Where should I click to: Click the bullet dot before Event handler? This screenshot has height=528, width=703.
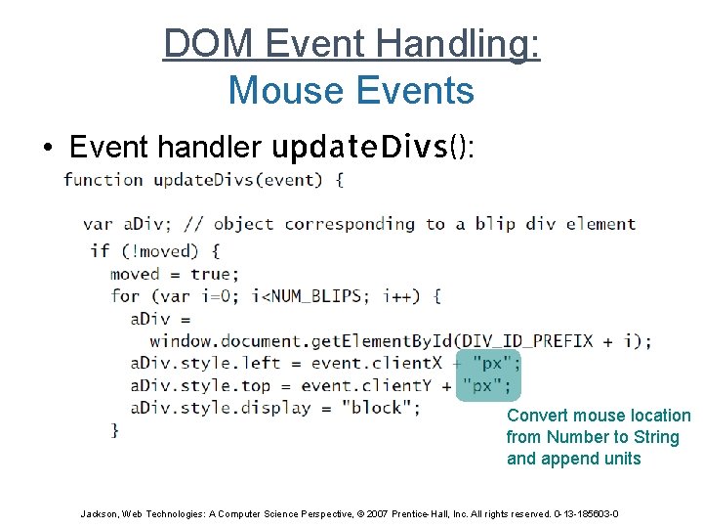tap(47, 149)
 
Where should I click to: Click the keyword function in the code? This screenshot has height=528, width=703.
tap(103, 180)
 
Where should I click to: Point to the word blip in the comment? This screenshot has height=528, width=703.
tap(495, 224)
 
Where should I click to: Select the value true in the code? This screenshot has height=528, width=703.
tap(210, 274)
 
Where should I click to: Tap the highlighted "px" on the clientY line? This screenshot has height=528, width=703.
tap(481, 386)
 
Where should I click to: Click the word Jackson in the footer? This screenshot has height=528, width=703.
tap(99, 513)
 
